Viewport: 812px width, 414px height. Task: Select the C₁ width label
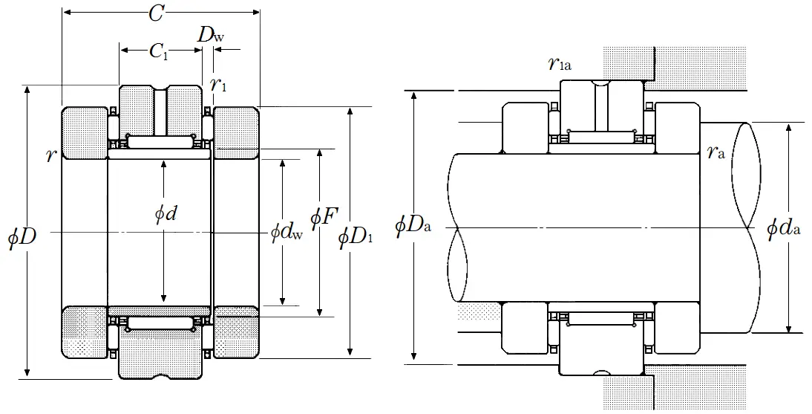tap(158, 51)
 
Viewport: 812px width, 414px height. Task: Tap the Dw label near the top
tap(209, 34)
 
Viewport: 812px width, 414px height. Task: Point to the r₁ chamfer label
tap(218, 84)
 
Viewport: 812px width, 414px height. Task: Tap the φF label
tap(324, 217)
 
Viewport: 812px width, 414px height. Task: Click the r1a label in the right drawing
tap(560, 65)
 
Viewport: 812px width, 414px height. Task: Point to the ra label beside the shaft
tap(716, 152)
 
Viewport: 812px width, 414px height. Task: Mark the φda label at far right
tap(784, 227)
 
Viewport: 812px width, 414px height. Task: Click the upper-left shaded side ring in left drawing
tap(85, 133)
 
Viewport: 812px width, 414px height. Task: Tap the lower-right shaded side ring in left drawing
tap(236, 331)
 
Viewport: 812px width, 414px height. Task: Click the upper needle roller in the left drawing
tap(160, 140)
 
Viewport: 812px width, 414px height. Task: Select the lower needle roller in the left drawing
tap(160, 323)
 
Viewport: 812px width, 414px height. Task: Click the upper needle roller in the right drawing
tap(601, 136)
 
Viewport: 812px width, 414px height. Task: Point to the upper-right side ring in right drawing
tap(678, 126)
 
